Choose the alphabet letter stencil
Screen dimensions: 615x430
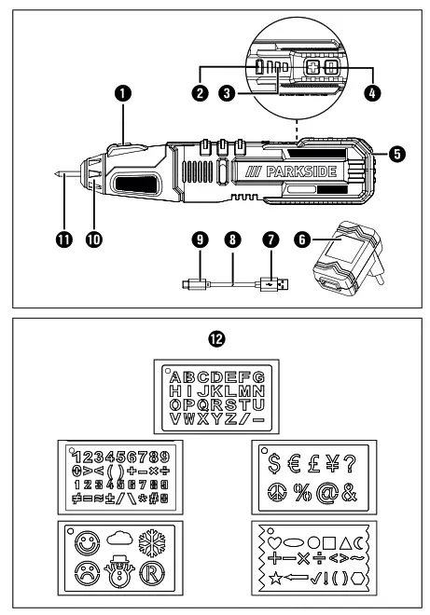click(215, 396)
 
